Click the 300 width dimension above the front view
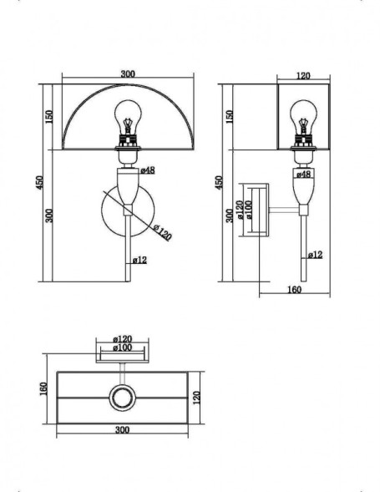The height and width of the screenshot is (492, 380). [x=127, y=74]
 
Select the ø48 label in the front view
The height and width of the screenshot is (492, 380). [x=146, y=170]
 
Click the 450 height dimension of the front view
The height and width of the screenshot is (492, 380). [x=39, y=182]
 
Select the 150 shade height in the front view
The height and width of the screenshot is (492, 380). [x=50, y=115]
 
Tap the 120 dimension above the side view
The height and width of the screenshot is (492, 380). [x=303, y=76]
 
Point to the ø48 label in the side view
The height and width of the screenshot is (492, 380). [x=304, y=175]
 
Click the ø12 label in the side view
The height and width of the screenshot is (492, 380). [x=315, y=254]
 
